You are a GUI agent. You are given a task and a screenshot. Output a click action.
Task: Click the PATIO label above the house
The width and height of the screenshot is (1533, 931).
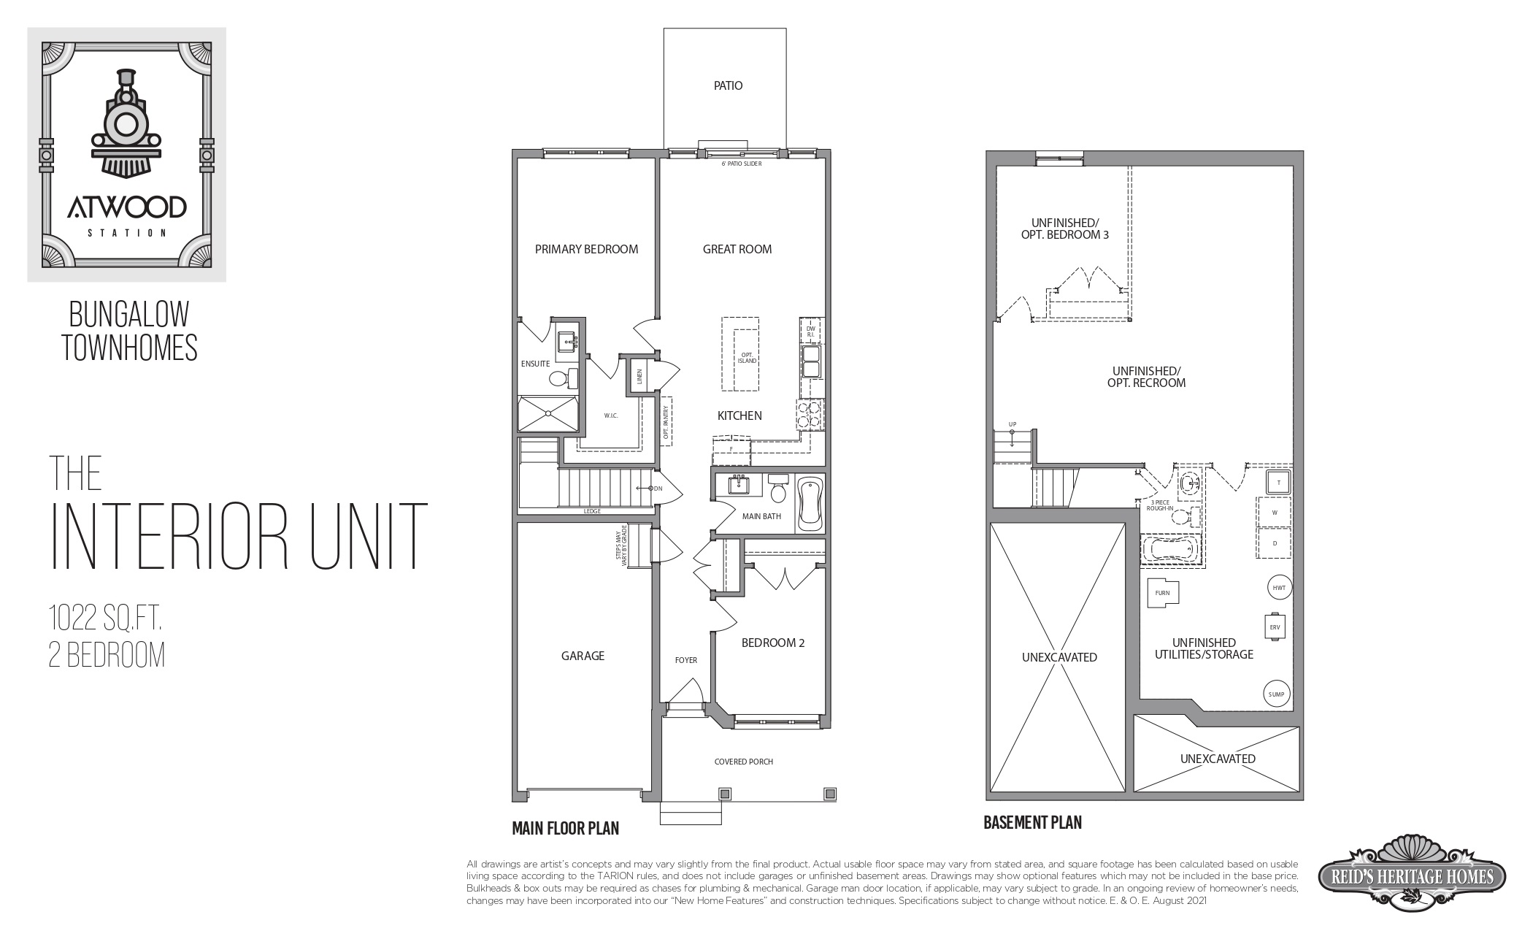pyautogui.click(x=728, y=86)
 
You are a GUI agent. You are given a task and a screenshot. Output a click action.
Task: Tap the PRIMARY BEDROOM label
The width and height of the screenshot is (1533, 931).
pyautogui.click(x=586, y=249)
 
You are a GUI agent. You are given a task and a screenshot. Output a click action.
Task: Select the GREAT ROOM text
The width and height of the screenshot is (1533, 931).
pyautogui.click(x=737, y=249)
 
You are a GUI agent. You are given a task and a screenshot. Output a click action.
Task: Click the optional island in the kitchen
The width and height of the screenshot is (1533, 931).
pyautogui.click(x=740, y=354)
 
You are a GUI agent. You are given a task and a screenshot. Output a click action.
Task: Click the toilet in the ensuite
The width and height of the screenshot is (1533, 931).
pyautogui.click(x=561, y=379)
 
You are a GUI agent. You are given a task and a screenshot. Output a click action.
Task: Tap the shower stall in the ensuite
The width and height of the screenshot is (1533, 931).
pyautogui.click(x=547, y=415)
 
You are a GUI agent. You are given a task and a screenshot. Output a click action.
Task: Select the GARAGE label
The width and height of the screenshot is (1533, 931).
pyautogui.click(x=583, y=656)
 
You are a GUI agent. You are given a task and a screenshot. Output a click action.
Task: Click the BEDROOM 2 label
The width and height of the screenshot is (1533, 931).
pyautogui.click(x=772, y=643)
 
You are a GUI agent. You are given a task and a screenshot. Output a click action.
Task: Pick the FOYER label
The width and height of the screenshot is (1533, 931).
pyautogui.click(x=685, y=660)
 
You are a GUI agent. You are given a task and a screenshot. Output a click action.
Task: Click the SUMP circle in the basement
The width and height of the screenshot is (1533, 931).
pyautogui.click(x=1276, y=694)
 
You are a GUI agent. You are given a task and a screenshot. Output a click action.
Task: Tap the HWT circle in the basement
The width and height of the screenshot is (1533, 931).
pyautogui.click(x=1278, y=587)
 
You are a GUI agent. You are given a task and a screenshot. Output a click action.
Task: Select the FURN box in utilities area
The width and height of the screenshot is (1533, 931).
pyautogui.click(x=1162, y=592)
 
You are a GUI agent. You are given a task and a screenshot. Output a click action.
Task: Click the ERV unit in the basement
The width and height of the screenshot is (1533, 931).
pyautogui.click(x=1275, y=627)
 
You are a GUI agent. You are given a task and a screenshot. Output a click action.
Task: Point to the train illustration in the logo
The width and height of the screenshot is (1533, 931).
pyautogui.click(x=126, y=124)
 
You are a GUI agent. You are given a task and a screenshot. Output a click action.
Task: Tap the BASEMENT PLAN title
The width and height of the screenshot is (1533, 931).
pyautogui.click(x=1032, y=823)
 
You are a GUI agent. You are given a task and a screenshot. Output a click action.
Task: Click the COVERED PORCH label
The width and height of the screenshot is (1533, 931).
pyautogui.click(x=743, y=762)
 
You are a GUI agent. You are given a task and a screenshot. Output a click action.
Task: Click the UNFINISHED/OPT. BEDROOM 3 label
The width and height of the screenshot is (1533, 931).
pyautogui.click(x=1064, y=229)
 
